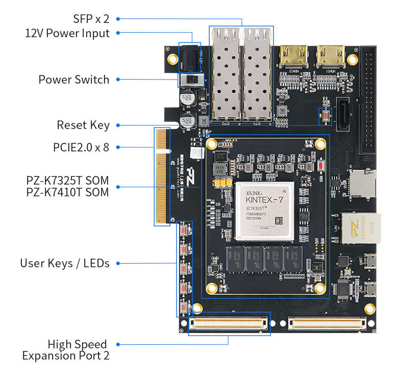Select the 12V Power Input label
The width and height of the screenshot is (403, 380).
(x=67, y=34)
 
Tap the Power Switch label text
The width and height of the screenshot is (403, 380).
(x=73, y=80)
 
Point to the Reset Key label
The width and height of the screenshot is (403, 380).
(x=83, y=125)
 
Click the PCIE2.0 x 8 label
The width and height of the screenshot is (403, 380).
(x=81, y=147)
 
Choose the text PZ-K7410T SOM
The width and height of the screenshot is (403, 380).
(x=67, y=192)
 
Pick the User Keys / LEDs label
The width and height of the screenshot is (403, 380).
(x=65, y=264)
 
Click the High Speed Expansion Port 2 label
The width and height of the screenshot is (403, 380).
(x=66, y=350)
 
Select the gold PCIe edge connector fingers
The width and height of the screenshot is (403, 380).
(x=163, y=176)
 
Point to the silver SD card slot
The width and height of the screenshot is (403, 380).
(x=363, y=184)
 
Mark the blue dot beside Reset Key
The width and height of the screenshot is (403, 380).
(x=118, y=125)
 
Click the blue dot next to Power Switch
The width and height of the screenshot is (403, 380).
(x=118, y=80)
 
